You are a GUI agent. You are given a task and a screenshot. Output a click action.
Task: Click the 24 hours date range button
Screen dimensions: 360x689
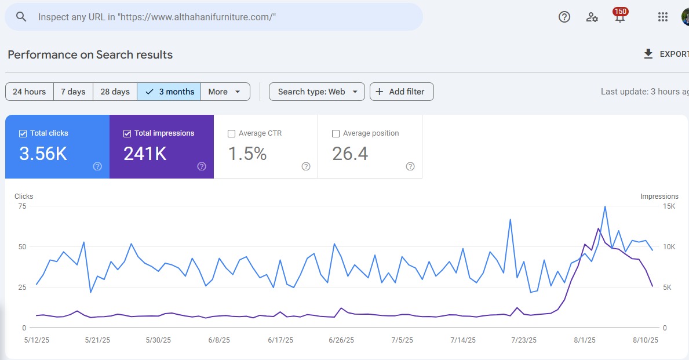(x=30, y=92)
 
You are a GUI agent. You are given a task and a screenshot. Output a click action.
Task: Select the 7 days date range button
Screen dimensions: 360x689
(x=73, y=92)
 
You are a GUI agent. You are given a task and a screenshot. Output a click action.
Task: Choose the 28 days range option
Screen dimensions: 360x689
(x=115, y=92)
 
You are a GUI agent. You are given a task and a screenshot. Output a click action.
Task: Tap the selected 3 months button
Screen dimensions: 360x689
(x=169, y=92)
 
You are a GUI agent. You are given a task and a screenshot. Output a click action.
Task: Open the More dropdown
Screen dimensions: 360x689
(x=225, y=92)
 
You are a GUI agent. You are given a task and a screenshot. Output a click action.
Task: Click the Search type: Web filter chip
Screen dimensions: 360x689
(x=317, y=92)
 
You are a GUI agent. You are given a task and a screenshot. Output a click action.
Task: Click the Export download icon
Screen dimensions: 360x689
(x=648, y=54)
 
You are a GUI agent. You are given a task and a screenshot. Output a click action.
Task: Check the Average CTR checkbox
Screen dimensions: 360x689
(x=232, y=133)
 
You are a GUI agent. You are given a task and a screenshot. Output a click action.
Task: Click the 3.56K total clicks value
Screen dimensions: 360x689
(x=43, y=154)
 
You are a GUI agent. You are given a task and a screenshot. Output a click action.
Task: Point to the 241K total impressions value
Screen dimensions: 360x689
(x=145, y=154)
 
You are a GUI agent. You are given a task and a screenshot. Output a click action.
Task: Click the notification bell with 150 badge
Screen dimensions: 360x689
(x=619, y=17)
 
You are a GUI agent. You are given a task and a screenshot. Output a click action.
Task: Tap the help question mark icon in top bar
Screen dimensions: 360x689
(x=564, y=17)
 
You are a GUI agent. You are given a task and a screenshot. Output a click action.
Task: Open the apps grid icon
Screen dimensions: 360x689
(x=663, y=17)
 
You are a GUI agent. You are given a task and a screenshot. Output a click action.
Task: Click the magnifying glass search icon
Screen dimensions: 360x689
(x=21, y=17)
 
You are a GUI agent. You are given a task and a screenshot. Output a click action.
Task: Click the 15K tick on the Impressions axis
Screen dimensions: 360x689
(x=669, y=206)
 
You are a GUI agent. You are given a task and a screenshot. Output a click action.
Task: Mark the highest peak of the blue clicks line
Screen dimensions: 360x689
(x=605, y=206)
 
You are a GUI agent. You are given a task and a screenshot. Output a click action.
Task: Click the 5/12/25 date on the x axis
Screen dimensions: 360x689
(x=37, y=340)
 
